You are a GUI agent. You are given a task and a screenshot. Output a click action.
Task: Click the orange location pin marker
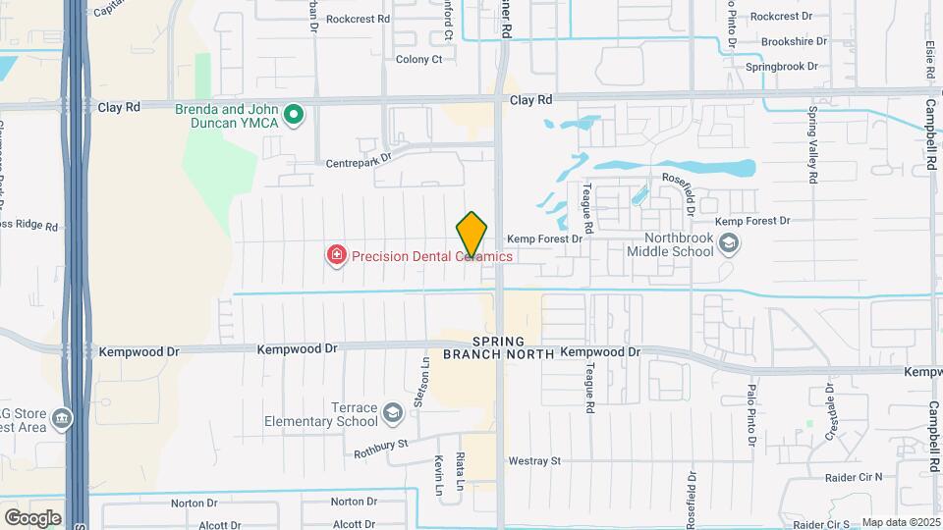472,235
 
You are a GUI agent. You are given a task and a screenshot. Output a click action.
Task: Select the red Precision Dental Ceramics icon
337,256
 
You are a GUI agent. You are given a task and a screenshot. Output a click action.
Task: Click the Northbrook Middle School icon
728,244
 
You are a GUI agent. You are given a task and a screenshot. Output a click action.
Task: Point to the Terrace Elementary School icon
393,412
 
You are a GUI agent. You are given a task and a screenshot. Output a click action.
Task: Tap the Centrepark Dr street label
359,157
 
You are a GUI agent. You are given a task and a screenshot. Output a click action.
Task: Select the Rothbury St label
381,449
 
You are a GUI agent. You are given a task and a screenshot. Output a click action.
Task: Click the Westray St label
534,460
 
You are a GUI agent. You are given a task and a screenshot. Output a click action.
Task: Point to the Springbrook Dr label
781,67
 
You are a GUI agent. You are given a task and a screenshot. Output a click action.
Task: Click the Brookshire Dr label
795,42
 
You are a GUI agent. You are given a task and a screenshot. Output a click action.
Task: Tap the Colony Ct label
419,59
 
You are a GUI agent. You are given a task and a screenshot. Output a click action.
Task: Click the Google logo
32,517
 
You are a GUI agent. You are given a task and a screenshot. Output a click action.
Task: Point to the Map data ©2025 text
899,522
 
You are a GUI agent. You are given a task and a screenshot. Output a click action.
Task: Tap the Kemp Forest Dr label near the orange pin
545,238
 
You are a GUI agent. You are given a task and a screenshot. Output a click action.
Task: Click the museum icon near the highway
64,418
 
